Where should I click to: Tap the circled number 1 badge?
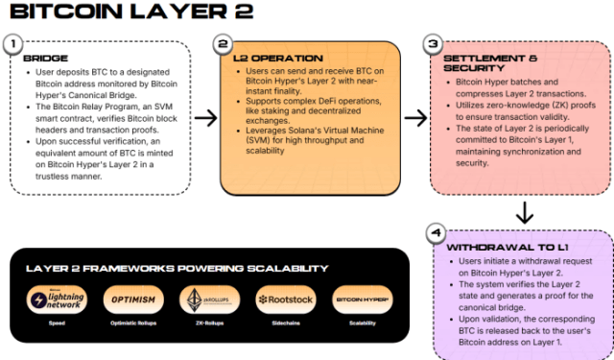coord(12,44)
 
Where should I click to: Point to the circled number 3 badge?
coord(432,44)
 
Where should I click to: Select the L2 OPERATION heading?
coord(271,58)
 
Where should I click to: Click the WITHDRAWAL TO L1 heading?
coord(493,247)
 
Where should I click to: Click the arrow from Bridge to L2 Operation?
coord(204,117)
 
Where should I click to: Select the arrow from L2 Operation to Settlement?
coord(414,117)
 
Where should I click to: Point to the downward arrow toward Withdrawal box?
coord(524,211)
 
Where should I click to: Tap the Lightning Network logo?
coord(56,300)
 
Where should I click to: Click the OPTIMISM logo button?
coord(131,300)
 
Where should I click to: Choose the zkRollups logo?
coord(208,300)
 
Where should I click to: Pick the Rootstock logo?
coord(286,300)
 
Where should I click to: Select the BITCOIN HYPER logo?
coord(362,300)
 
